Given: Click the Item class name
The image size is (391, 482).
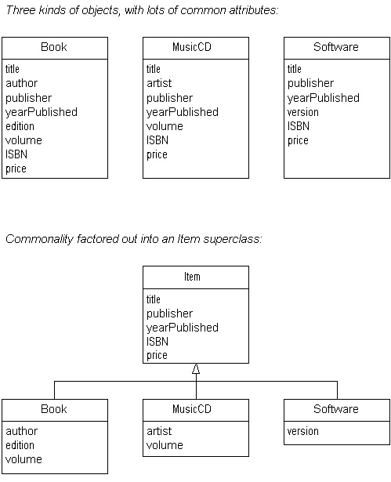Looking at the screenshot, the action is pos(192,277).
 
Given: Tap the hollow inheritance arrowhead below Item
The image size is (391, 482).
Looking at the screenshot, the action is pos(196,368).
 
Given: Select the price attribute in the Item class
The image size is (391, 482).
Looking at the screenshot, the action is pos(157,356).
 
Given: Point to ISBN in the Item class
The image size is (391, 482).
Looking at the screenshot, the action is pos(157,341).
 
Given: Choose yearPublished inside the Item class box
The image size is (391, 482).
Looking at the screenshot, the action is pos(183,328).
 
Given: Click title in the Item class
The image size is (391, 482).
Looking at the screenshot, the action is pos(154,299).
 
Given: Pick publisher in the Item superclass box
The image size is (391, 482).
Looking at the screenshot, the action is pos(170,313).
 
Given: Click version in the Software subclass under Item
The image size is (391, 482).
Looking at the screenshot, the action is pos(302,431).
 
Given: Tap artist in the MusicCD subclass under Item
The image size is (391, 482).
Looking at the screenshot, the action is pos(159,431).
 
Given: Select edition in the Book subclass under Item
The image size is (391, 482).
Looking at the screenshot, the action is pos(20,445).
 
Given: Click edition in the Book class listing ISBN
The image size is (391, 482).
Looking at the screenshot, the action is pos(20,126).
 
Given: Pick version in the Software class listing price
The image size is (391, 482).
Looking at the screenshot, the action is pos(302,112).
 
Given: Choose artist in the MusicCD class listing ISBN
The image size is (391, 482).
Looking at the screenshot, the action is pos(159,83).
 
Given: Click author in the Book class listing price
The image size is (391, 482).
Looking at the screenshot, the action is pos(21,83).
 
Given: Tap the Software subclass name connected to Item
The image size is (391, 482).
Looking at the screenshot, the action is pos(336,409).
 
